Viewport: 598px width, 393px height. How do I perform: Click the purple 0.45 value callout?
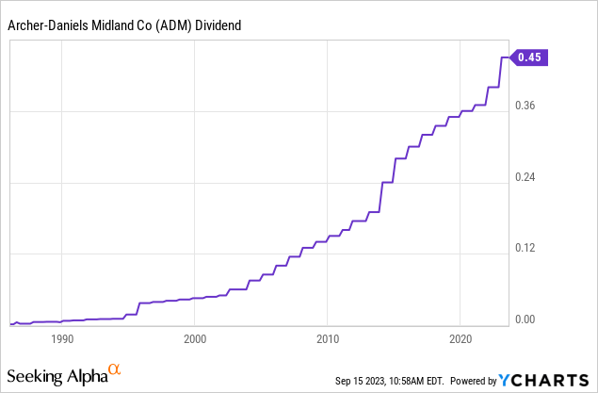coord(529,57)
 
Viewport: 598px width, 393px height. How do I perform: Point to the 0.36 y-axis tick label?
coord(525,106)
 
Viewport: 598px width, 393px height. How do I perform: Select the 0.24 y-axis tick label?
coord(525,177)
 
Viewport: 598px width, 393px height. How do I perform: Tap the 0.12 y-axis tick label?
coord(525,248)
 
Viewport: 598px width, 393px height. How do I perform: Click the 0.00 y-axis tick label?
coord(525,319)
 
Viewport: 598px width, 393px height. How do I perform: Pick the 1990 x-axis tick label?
coord(62,339)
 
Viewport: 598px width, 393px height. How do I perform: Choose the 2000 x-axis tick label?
coord(195,339)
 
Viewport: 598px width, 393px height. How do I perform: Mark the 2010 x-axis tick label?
coord(328,339)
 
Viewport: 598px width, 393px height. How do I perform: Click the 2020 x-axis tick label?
coord(461,339)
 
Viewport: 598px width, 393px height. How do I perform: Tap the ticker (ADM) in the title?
coord(173,26)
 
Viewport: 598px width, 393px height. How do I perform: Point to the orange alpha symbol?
coord(114,368)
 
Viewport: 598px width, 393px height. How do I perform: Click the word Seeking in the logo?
coord(35,377)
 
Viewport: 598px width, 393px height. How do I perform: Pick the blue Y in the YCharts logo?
coord(505,380)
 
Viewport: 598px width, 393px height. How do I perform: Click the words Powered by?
coord(474,381)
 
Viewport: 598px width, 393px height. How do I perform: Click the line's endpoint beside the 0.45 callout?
coord(508,57)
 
